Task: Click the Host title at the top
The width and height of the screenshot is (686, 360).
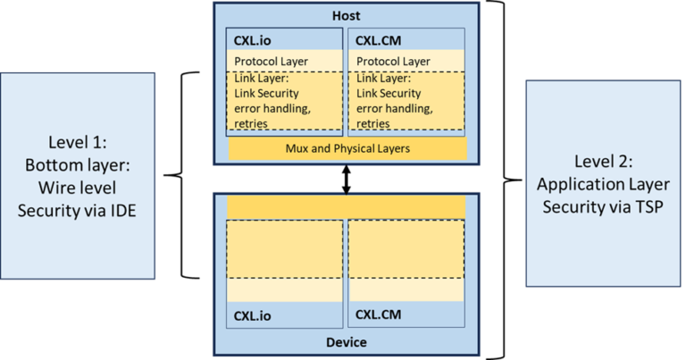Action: (346, 16)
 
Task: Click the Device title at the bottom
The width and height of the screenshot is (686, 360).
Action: (346, 342)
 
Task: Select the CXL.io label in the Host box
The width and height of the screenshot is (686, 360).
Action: (253, 40)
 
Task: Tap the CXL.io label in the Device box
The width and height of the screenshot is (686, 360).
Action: (253, 315)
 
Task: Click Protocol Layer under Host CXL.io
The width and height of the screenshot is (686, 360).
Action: (271, 61)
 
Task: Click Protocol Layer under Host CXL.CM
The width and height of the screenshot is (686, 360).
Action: (393, 61)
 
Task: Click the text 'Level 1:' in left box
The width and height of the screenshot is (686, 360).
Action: (78, 143)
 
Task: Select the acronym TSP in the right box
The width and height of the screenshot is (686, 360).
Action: (632, 205)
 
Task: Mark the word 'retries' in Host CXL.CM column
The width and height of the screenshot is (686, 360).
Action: (374, 123)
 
